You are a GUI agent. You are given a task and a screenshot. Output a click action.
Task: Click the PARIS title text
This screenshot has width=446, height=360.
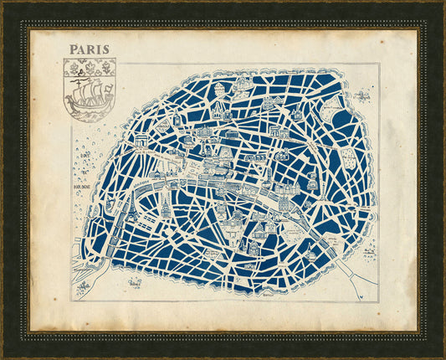coord(90,49)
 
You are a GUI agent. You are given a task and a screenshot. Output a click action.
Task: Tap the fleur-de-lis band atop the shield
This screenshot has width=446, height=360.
coord(90,66)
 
